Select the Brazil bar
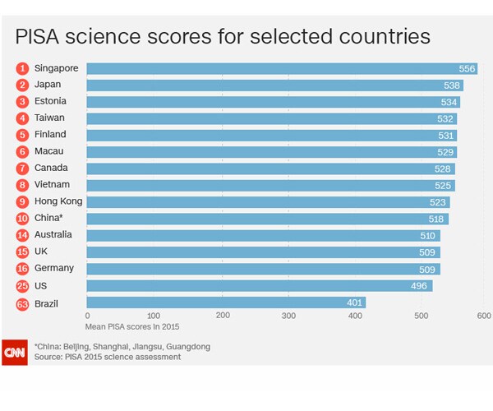tap(226, 302)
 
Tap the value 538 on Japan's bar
tap(451, 85)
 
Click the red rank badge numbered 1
tap(22, 68)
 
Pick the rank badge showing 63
tap(22, 302)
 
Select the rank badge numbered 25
tap(22, 285)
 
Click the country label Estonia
tap(50, 101)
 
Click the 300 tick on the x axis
tap(288, 316)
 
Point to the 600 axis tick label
tap(484, 316)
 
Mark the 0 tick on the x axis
tap(87, 316)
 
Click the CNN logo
tap(14, 352)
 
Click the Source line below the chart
tap(108, 357)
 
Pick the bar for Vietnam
tap(270, 185)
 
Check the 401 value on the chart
tap(353, 302)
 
